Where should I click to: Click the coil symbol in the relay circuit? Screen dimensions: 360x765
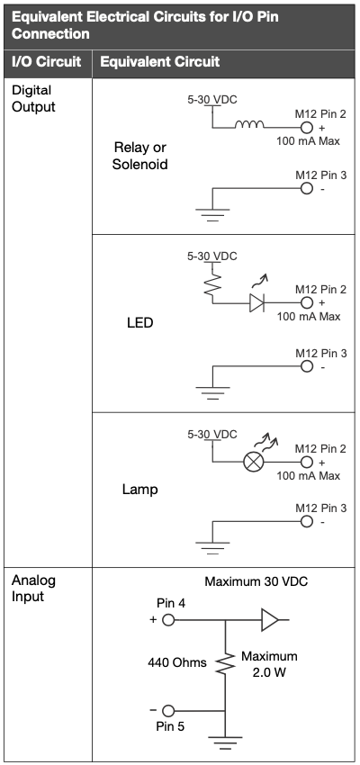[x=249, y=124]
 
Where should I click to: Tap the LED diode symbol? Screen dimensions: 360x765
[x=256, y=303]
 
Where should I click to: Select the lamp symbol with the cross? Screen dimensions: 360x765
[x=253, y=462]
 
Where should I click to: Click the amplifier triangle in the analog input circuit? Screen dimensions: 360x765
[x=270, y=620]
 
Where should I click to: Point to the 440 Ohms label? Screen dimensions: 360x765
[x=177, y=662]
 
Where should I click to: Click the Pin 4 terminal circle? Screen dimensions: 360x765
[x=168, y=620]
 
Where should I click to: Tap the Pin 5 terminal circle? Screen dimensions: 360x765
[x=168, y=710]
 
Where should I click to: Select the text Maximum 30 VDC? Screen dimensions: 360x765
[x=256, y=581]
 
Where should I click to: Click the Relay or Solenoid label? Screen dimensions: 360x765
[x=140, y=156]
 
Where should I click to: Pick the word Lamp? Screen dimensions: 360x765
[x=140, y=490]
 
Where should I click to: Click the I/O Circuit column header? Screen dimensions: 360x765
[x=46, y=61]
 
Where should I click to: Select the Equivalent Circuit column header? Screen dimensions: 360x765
[x=160, y=61]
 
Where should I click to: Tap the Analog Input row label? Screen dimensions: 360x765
[x=33, y=589]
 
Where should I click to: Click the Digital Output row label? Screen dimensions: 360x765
[x=33, y=98]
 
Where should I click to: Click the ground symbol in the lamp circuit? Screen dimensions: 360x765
[x=212, y=548]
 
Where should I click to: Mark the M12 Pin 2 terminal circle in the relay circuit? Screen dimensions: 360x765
[x=306, y=128]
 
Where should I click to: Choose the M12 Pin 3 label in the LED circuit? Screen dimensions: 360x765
[x=321, y=353]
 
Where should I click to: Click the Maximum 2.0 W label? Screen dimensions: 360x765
[x=269, y=664]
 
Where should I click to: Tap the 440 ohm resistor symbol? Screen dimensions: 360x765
[x=225, y=663]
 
